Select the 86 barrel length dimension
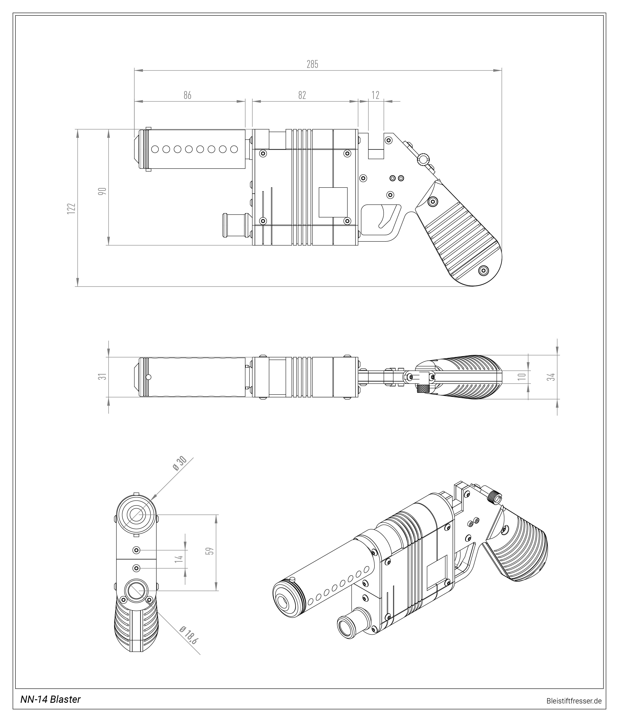coord(188,95)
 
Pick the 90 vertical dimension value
coord(102,191)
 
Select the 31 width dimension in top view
coord(102,376)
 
